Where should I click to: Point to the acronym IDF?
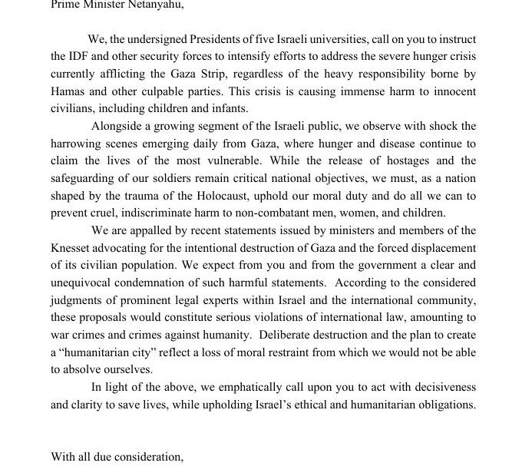81,56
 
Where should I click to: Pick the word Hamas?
68,91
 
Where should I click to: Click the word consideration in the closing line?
145,458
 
